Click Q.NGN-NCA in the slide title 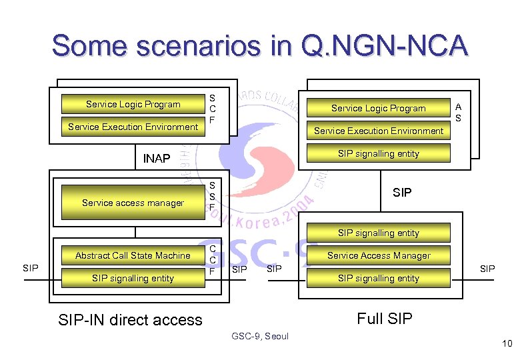coord(385,46)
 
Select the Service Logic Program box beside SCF coord(133,104)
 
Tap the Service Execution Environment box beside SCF coord(133,127)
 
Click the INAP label coord(157,159)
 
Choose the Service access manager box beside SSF coord(133,203)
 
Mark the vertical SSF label coord(212,196)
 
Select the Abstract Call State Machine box coord(133,255)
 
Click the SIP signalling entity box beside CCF coord(133,278)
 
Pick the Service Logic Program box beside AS coord(378,108)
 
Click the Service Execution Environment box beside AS coord(378,131)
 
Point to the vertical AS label coord(458,112)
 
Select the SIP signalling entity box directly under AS coord(378,153)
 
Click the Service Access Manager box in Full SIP coord(378,255)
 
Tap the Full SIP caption coord(385,318)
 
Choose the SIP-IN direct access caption coord(130,319)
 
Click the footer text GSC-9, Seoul coord(260,337)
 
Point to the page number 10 coord(506,344)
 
